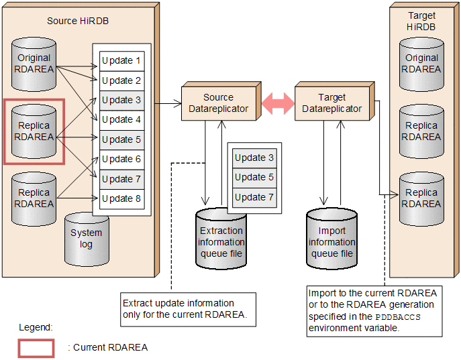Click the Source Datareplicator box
pyautogui.click(x=218, y=103)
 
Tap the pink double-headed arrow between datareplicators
pyautogui.click(x=278, y=103)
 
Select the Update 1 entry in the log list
pyautogui.click(x=121, y=61)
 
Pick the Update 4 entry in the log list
pyautogui.click(x=121, y=120)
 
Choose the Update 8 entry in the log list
pyautogui.click(x=121, y=198)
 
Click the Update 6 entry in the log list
pyautogui.click(x=121, y=160)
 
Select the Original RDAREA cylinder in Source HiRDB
pyautogui.click(x=34, y=64)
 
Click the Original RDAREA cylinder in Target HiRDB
pyautogui.click(x=422, y=64)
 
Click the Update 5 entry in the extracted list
pyautogui.click(x=254, y=178)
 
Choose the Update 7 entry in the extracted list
pyautogui.click(x=254, y=197)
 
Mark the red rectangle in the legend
pyautogui.click(x=36, y=347)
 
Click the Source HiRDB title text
pyautogui.click(x=78, y=21)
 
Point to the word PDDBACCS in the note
pyautogui.click(x=399, y=316)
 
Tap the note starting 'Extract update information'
pyautogui.click(x=187, y=308)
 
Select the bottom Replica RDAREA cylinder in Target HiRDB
pyautogui.click(x=422, y=198)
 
